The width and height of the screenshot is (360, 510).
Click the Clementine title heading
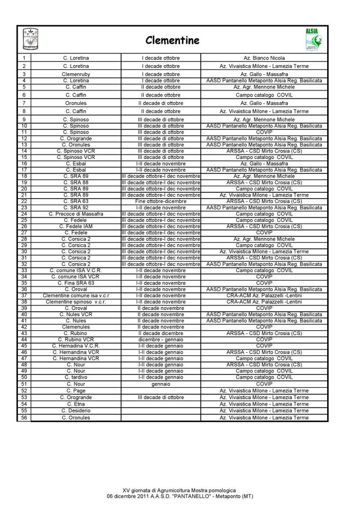coord(172,40)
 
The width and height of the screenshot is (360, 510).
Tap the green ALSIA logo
coord(313,40)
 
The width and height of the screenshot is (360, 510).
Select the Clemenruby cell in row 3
coord(76,74)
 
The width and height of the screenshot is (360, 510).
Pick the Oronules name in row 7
coord(76,103)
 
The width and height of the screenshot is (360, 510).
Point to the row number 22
coord(24,201)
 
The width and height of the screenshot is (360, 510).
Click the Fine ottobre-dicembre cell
coord(160,201)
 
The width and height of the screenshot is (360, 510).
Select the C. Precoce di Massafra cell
coord(76,214)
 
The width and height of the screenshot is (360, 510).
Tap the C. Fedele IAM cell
coord(76,226)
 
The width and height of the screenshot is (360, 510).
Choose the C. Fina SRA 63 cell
coord(76,283)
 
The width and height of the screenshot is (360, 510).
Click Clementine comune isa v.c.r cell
coord(76,295)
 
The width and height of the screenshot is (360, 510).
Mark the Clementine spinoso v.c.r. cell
coord(76,302)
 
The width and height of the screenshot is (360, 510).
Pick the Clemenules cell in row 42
coord(76,327)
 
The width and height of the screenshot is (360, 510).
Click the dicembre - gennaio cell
coord(160,339)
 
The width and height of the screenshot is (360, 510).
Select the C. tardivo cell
coord(76,377)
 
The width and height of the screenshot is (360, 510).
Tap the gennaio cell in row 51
coord(160,384)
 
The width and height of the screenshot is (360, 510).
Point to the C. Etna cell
coord(76,404)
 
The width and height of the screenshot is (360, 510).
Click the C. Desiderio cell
coord(76,410)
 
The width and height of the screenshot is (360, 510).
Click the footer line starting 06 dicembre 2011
coord(180,496)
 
